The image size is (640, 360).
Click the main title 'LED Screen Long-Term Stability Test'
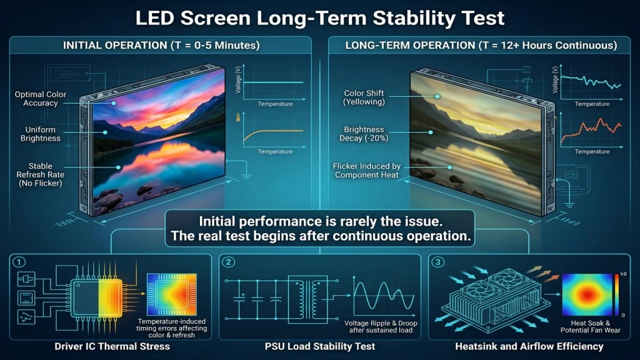[320, 18]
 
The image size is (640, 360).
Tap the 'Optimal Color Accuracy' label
[41, 99]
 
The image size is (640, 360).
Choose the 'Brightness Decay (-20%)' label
[364, 134]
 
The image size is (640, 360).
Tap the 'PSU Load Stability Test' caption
[320, 346]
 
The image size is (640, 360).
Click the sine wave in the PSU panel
[381, 294]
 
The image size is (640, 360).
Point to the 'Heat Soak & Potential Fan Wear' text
[591, 326]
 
